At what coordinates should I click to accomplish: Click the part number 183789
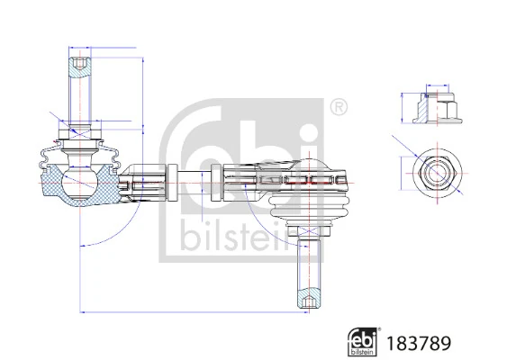[x=417, y=343]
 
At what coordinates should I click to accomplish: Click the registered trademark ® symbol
[x=339, y=108]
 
